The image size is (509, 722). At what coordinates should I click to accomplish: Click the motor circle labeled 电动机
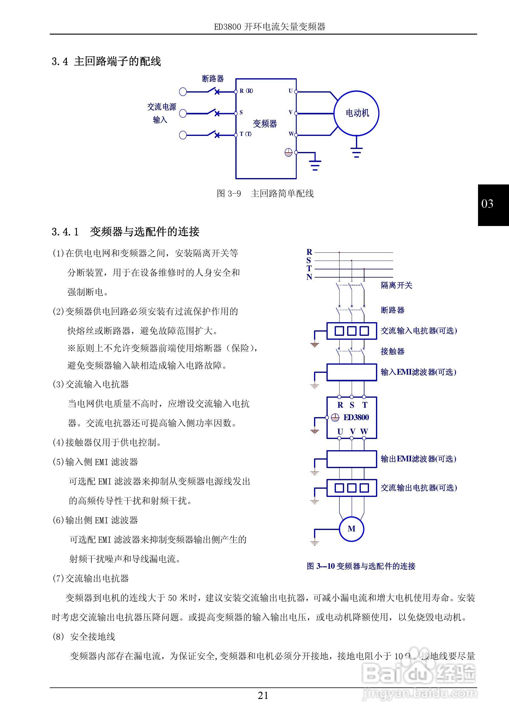coord(356,113)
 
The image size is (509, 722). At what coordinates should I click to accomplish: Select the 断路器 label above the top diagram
coord(213,79)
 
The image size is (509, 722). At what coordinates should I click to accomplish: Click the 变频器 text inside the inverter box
coord(265,123)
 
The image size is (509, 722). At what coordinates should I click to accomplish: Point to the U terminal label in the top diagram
coord(291,91)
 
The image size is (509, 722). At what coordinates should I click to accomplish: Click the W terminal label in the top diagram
coord(291,134)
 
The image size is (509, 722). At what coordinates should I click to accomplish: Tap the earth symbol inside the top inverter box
coord(288,153)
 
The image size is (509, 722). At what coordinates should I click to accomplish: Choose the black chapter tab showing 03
coord(493,205)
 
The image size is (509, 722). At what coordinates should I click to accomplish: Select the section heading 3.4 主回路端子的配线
coord(106,61)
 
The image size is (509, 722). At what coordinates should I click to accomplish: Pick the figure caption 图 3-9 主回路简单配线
coord(265,194)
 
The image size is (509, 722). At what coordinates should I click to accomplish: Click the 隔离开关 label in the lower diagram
coord(396,285)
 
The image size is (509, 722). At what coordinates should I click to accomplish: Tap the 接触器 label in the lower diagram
coord(392,351)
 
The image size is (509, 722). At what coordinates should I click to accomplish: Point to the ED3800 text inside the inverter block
coord(356,418)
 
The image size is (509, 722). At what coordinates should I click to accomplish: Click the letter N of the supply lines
coord(309,277)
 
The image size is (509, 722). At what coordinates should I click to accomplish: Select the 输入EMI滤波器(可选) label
coord(418,372)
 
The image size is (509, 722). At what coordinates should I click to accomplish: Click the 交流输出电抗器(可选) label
coord(419,488)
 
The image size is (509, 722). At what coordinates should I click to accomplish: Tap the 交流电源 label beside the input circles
coord(162,107)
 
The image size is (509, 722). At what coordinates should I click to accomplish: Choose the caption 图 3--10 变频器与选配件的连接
coord(361,566)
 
